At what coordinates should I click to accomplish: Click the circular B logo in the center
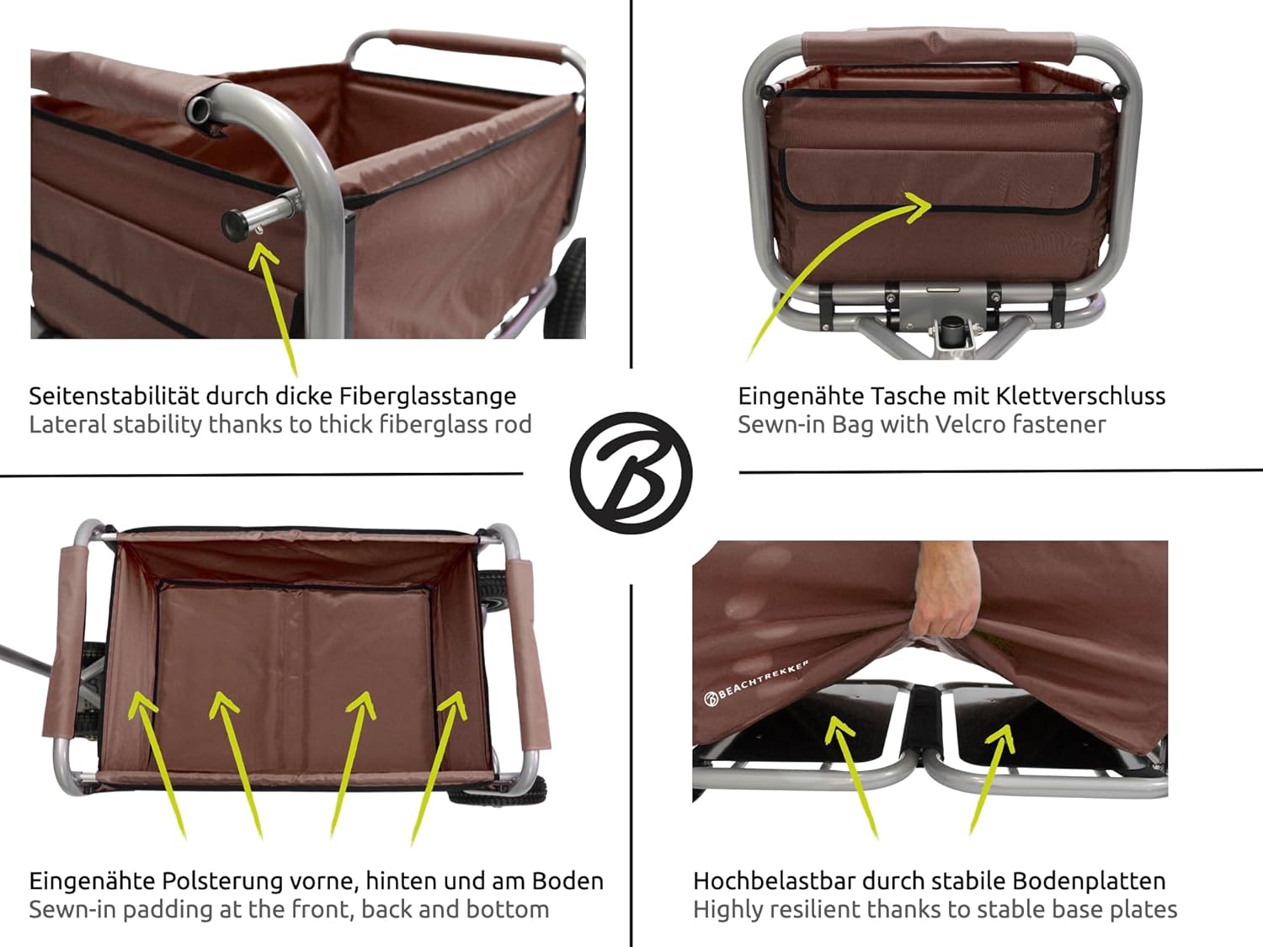[x=631, y=472]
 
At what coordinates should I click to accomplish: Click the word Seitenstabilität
[x=114, y=396]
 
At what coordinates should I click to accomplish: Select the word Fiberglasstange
[x=427, y=396]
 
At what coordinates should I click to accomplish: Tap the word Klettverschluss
[x=1080, y=396]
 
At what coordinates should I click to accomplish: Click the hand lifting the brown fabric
[x=941, y=601]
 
